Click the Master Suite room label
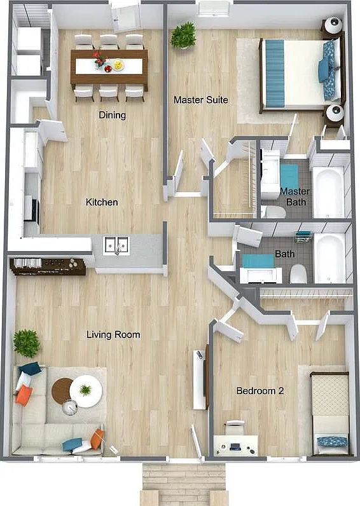(x=201, y=100)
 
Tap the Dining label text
(x=113, y=115)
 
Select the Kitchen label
(x=102, y=202)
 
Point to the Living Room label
(x=113, y=334)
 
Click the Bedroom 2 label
(x=260, y=391)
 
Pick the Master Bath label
(x=294, y=196)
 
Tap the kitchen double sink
(x=116, y=246)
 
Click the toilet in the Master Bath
(x=273, y=212)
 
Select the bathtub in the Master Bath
(x=329, y=193)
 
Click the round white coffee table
(x=86, y=391)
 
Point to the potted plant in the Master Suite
(x=183, y=35)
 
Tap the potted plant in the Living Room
(x=27, y=343)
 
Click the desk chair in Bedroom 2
(x=235, y=427)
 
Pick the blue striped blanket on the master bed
(x=274, y=73)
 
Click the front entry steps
(x=184, y=484)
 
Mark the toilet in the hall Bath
(x=298, y=274)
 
